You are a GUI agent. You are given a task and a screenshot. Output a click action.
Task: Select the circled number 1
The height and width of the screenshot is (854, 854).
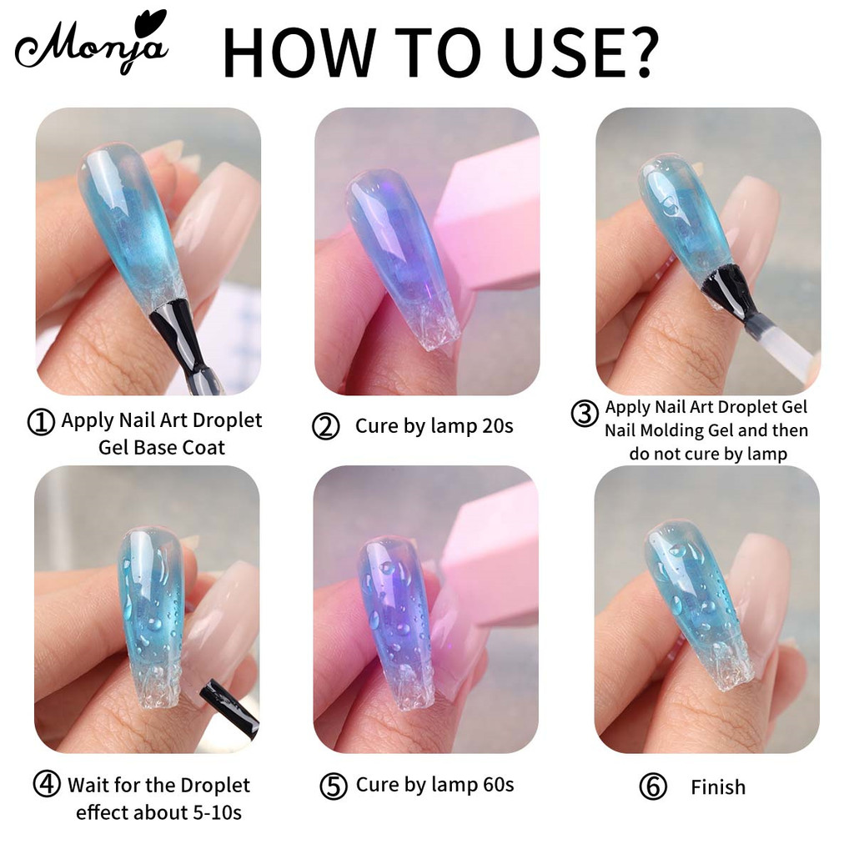41,422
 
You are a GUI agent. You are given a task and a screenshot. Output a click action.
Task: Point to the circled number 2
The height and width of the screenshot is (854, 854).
326,426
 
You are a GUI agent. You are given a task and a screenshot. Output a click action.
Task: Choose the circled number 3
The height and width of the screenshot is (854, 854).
585,414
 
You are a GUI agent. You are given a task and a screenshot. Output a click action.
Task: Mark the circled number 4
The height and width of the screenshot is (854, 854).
47,783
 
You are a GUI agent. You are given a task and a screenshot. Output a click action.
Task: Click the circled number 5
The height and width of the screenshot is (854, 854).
334,786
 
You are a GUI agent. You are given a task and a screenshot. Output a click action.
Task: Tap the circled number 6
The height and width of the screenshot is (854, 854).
652,787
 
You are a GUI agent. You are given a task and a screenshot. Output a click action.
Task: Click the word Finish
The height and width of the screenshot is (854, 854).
718,787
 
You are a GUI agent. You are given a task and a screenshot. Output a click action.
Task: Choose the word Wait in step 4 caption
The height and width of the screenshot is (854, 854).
88,786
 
